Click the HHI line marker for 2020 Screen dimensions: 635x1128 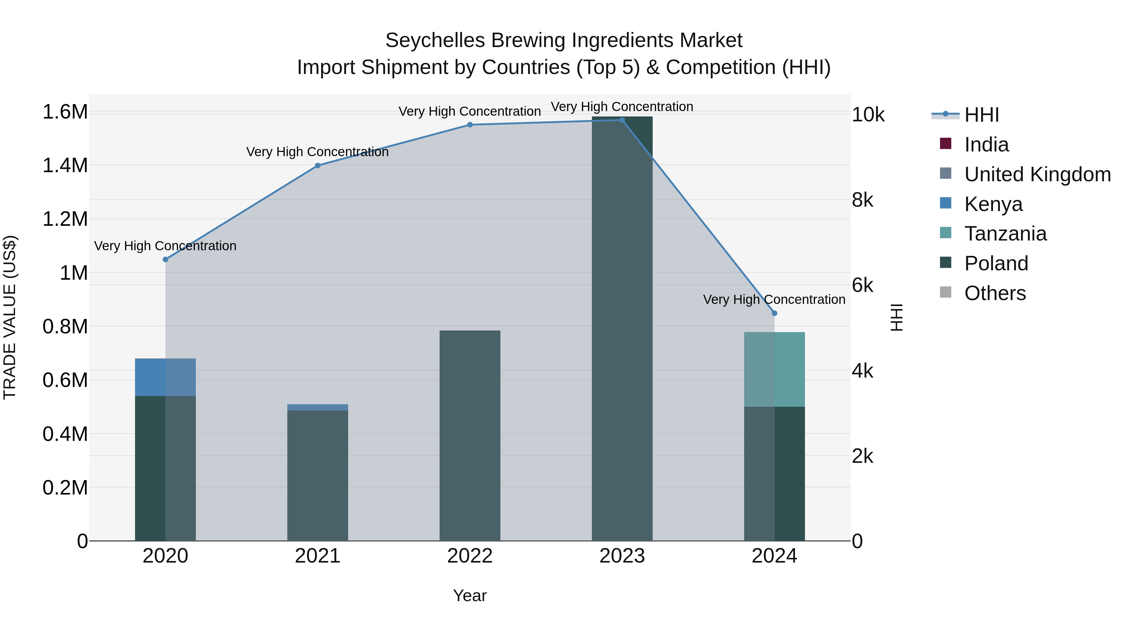click(x=165, y=259)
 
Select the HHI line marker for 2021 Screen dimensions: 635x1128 click(x=318, y=166)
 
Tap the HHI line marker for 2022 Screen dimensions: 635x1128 click(x=470, y=125)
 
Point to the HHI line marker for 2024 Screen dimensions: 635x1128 click(x=775, y=313)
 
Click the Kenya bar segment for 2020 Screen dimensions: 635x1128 click(x=165, y=377)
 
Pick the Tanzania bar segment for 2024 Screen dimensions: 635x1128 click(x=774, y=369)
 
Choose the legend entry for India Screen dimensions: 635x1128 click(x=986, y=145)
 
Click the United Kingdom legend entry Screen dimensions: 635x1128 click(x=1037, y=174)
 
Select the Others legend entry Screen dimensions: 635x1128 click(x=995, y=293)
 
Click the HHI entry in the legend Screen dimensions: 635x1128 click(x=981, y=115)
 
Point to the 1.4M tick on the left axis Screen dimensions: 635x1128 click(x=65, y=166)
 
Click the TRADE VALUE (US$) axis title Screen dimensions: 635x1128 click(x=10, y=317)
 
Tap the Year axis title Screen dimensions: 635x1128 click(x=470, y=595)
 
